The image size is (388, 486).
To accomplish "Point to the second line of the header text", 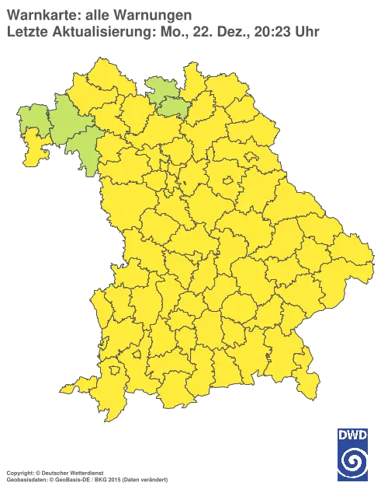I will pyautogui.click(x=163, y=31).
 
